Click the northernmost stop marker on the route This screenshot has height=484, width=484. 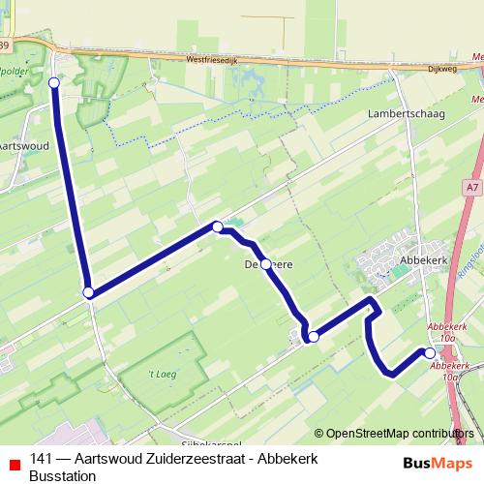54,83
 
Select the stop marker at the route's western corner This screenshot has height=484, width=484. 88,292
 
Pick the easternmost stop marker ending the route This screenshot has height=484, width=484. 430,353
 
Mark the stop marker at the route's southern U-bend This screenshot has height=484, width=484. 313,336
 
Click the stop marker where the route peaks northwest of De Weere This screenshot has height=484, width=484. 218,227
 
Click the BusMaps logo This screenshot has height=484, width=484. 431,463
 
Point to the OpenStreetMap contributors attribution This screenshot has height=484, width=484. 393,434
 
